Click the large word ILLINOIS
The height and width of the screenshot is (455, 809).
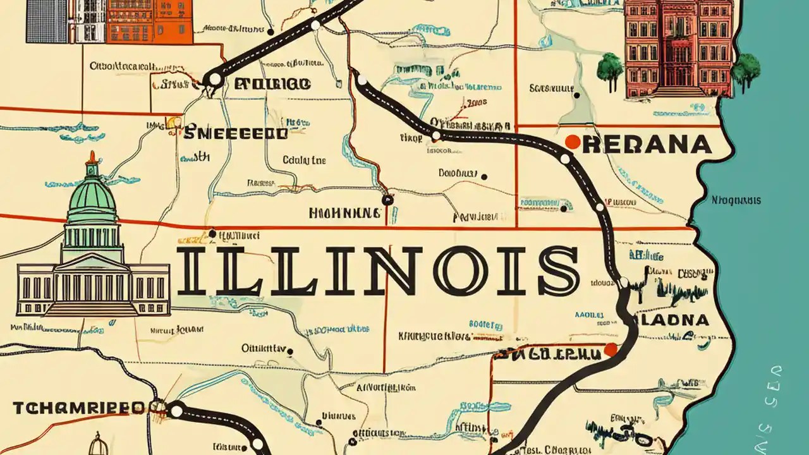377,271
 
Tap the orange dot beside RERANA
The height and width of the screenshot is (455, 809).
572,142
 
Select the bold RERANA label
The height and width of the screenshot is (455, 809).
647,145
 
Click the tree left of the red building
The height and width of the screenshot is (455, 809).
610,68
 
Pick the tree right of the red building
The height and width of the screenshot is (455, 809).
746,67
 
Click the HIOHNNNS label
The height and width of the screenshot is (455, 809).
344,213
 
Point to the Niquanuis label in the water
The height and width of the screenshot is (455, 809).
736,201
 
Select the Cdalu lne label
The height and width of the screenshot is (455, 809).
304,161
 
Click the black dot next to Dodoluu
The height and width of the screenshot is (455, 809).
484,177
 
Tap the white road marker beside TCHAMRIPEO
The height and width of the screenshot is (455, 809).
176,411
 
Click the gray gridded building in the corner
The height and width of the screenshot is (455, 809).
47,21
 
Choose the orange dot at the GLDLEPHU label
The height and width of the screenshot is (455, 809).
610,349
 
